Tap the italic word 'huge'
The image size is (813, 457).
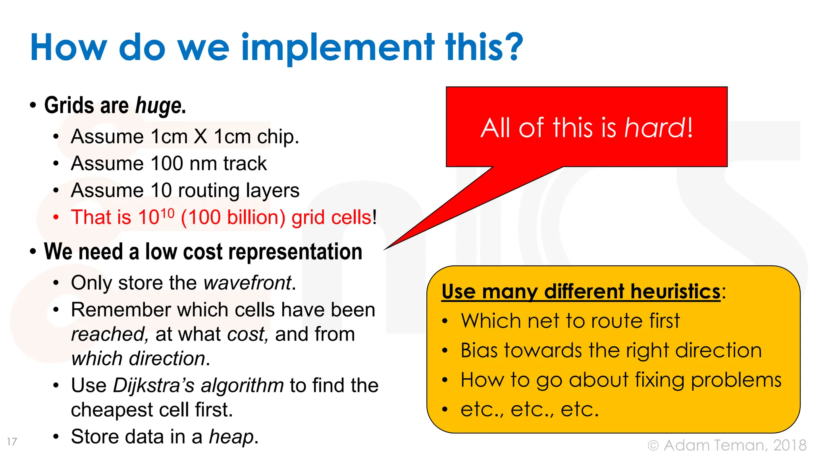point(158,106)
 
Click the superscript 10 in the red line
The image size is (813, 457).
point(168,213)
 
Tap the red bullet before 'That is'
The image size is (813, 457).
point(56,217)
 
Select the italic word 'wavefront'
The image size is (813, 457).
point(247,283)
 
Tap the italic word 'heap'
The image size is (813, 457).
point(231,437)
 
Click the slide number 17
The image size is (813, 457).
point(12,442)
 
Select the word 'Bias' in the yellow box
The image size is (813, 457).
point(479,351)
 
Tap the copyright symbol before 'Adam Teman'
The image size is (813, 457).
point(653,445)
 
